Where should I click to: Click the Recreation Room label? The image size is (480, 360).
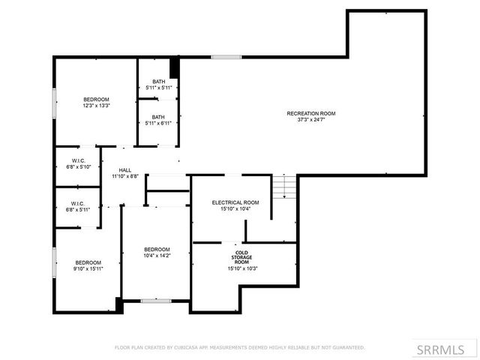pyautogui.click(x=311, y=113)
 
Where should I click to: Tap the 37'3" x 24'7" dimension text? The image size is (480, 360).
pyautogui.click(x=311, y=119)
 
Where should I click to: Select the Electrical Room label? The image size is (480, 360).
pyautogui.click(x=235, y=202)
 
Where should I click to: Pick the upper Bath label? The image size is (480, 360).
pyautogui.click(x=159, y=82)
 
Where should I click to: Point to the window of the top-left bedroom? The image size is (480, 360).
pyautogui.click(x=53, y=103)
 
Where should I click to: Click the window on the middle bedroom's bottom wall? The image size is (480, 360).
pyautogui.click(x=156, y=301)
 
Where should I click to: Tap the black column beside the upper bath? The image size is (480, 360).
pyautogui.click(x=175, y=67)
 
